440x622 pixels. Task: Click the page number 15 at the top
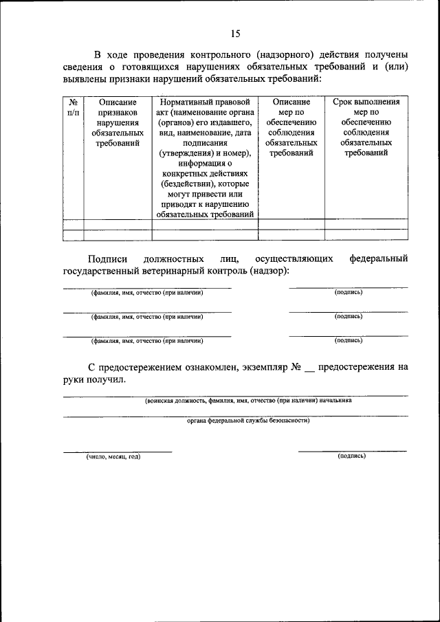(236, 33)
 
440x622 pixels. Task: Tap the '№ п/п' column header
(73, 107)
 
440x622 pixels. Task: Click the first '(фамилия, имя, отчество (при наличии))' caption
(147, 293)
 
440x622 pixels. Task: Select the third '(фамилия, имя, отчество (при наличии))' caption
(147, 340)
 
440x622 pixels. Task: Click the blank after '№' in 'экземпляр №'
(309, 368)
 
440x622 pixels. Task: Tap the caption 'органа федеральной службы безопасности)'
(248, 421)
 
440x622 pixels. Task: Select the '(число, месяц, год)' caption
(113, 456)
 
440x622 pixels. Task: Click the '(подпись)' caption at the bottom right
(351, 456)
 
